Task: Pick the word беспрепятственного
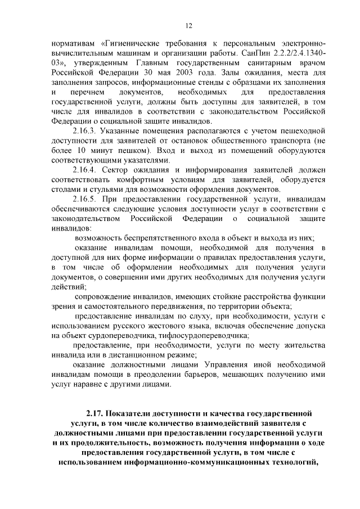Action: pyautogui.click(x=152, y=238)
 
